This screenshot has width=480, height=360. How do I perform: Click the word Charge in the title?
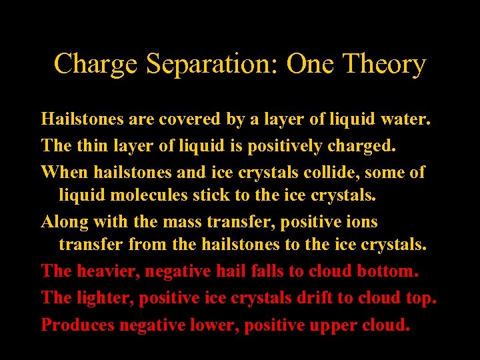click(96, 65)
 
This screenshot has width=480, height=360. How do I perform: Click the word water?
click(405, 120)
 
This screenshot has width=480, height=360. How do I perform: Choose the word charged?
click(361, 145)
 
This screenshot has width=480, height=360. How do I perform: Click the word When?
click(65, 171)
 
